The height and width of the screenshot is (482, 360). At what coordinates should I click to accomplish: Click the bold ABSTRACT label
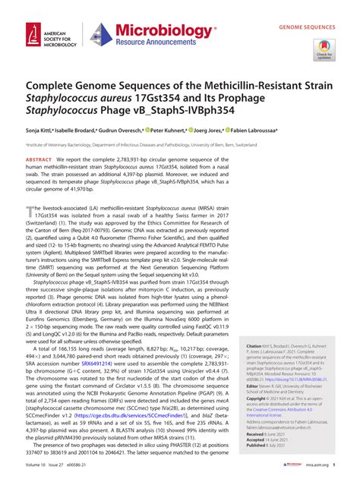click(39, 160)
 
